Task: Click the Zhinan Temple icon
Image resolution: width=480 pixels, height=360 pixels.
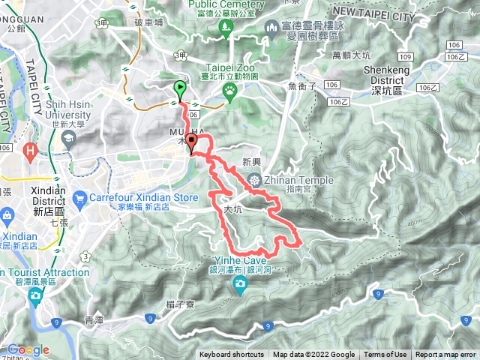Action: pyautogui.click(x=254, y=179)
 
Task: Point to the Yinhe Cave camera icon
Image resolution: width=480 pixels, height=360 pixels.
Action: pyautogui.click(x=240, y=282)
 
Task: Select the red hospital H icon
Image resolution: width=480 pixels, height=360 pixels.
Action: pyautogui.click(x=31, y=151)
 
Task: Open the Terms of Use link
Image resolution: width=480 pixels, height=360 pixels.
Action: pyautogui.click(x=385, y=355)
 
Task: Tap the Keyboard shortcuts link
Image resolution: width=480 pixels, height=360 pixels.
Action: pyautogui.click(x=232, y=355)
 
